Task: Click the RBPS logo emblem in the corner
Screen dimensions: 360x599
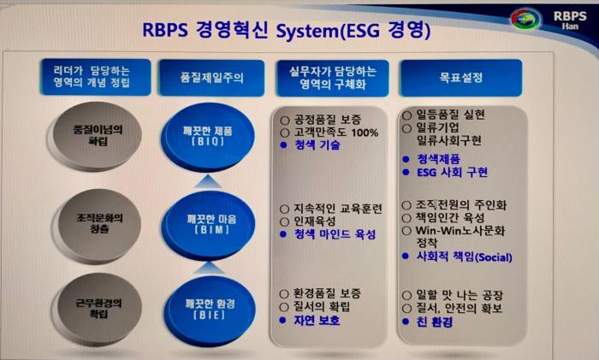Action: pos(525,20)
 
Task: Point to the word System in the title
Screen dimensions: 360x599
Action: pos(287,33)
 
